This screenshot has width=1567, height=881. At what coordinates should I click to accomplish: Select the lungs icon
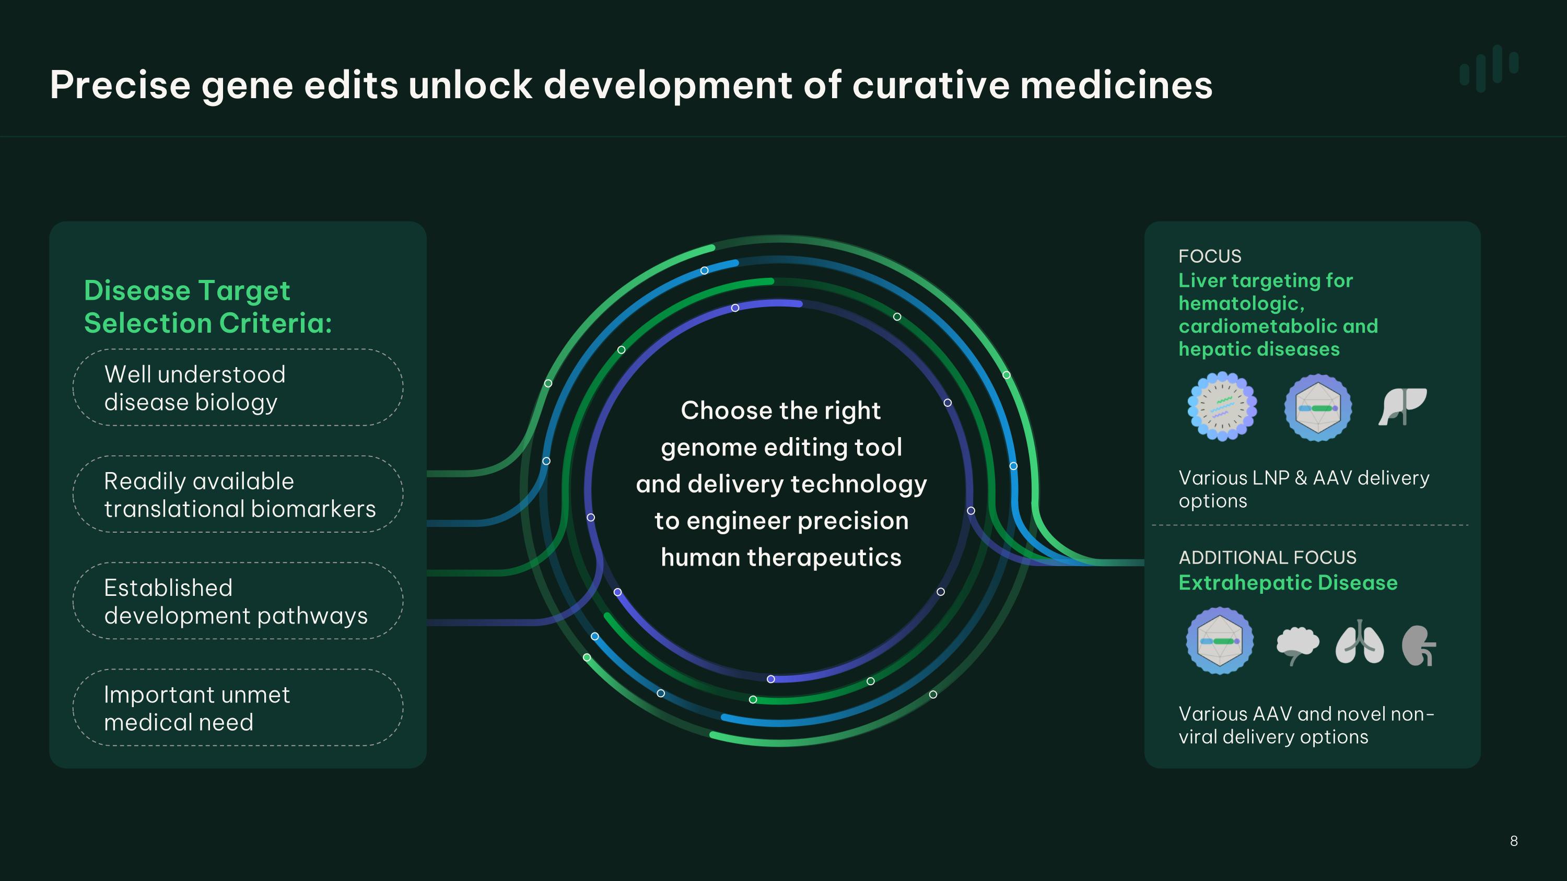[1360, 643]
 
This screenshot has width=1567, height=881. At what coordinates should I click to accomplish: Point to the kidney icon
[1419, 645]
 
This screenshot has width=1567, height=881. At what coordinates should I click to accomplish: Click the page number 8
[1514, 841]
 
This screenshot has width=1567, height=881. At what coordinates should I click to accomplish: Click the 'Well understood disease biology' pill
[238, 387]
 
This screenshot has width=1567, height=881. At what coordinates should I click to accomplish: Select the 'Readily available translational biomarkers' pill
[238, 495]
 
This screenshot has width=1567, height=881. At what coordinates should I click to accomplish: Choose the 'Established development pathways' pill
[238, 601]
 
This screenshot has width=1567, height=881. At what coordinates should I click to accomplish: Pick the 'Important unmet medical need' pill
[238, 708]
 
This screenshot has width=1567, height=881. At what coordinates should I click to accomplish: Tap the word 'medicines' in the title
[1116, 85]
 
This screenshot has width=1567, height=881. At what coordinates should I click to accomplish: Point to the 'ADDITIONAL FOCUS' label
[1268, 558]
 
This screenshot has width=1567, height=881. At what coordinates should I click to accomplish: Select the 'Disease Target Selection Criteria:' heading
[208, 307]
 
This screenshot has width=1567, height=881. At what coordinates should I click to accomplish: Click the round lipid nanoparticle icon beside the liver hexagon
[1222, 407]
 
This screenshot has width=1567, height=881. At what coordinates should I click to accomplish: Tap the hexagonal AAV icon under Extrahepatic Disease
[1220, 641]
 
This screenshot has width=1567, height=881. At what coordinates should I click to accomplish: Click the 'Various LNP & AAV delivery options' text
[1304, 489]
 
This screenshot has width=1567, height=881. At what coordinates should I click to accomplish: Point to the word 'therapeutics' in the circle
[824, 558]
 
